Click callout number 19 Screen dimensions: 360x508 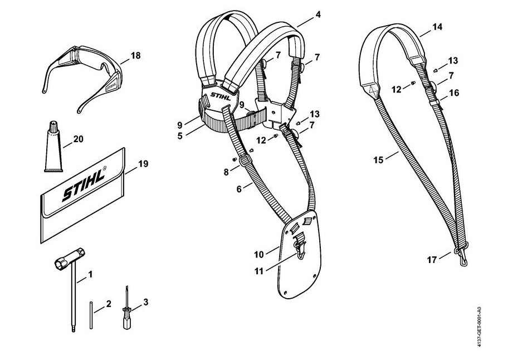click(x=143, y=164)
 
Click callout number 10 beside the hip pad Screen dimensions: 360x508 click(x=259, y=255)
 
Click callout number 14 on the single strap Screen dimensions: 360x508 click(x=437, y=26)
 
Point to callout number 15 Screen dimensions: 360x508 click(x=379, y=160)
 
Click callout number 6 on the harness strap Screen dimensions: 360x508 click(x=239, y=189)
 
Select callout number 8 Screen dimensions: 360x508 click(x=226, y=172)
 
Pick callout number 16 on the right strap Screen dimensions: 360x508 click(x=455, y=93)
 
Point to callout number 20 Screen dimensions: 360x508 click(x=78, y=139)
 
